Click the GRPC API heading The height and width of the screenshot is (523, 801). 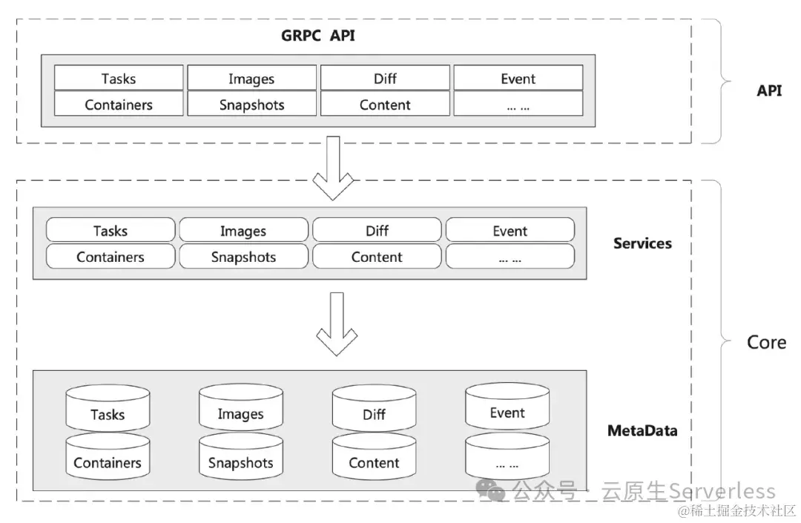click(317, 36)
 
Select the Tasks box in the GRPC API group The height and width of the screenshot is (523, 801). click(119, 78)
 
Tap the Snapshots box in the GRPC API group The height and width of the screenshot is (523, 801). click(252, 104)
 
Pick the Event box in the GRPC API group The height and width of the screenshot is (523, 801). click(518, 78)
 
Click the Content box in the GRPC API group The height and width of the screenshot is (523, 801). click(385, 104)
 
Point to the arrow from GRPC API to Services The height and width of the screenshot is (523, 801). click(333, 168)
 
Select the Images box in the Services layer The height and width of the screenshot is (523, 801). click(244, 230)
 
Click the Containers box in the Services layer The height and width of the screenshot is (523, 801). click(111, 256)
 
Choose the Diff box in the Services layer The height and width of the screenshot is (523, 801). click(377, 230)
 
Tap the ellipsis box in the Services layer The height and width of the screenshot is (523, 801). click(510, 256)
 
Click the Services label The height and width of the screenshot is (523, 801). click(642, 243)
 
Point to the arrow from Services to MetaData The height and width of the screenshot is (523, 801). click(337, 323)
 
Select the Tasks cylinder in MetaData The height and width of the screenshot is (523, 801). click(108, 408)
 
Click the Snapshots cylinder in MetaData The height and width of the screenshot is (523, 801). click(241, 456)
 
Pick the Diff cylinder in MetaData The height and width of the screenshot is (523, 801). click(374, 408)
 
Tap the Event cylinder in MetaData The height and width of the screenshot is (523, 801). click(507, 407)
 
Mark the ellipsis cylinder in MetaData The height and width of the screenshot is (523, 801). click(507, 456)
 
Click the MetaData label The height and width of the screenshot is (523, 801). click(642, 430)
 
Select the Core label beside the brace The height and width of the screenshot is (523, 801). click(766, 342)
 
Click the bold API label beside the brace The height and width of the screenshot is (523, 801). click(769, 91)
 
